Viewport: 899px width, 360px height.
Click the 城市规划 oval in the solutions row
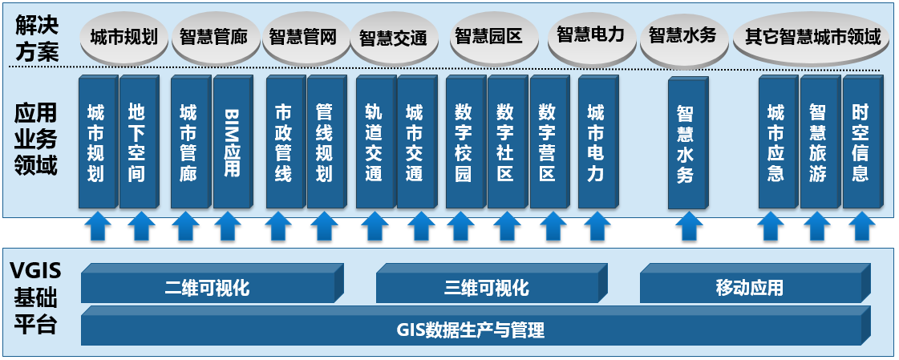[124, 38]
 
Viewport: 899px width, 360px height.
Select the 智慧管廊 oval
[213, 38]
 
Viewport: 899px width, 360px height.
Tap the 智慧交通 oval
[393, 38]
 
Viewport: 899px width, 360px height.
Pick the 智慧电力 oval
[590, 35]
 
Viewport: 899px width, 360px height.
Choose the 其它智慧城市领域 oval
[812, 38]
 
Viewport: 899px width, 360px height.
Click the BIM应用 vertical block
[233, 142]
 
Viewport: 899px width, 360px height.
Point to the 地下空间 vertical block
[138, 142]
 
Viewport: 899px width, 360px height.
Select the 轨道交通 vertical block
[376, 142]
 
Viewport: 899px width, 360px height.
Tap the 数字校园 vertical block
[466, 142]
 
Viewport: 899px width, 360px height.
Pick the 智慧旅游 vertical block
[820, 142]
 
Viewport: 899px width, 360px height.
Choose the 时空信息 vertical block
[862, 142]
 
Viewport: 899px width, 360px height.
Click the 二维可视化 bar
[213, 283]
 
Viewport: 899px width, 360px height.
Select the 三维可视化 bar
[492, 283]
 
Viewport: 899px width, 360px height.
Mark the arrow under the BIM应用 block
[228, 226]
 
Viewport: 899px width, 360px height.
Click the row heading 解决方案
[36, 38]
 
